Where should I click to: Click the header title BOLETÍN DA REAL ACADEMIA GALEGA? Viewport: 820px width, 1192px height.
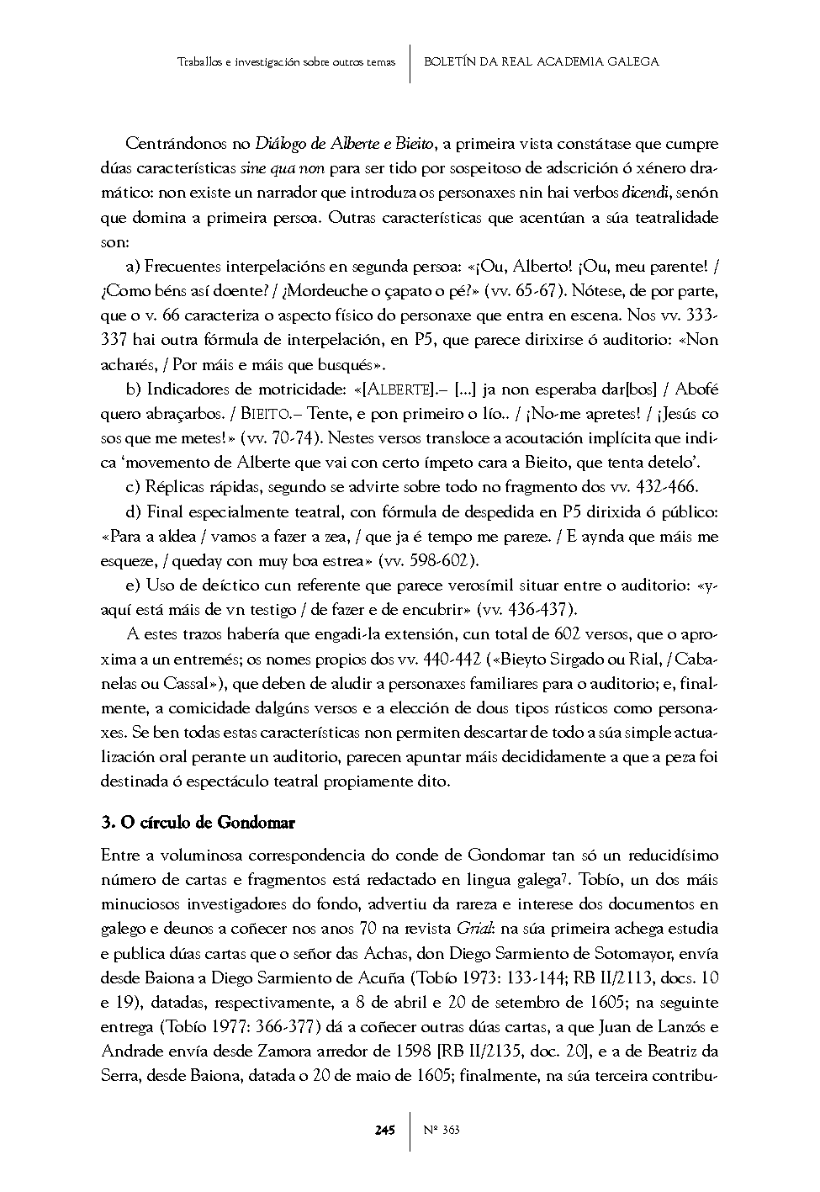pyautogui.click(x=541, y=61)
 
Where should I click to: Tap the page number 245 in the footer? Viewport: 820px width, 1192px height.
pyautogui.click(x=384, y=1129)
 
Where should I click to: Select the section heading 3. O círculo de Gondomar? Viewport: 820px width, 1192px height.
pyautogui.click(x=198, y=821)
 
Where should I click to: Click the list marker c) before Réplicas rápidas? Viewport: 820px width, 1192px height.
pyautogui.click(x=132, y=487)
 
